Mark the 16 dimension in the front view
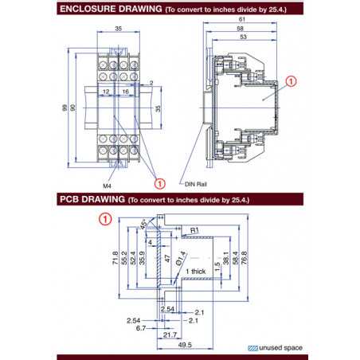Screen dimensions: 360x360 click(126, 92)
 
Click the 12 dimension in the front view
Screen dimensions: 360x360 click(106, 92)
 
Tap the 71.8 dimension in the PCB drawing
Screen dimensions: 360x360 click(116, 259)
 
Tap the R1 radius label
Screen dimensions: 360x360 click(193, 230)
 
